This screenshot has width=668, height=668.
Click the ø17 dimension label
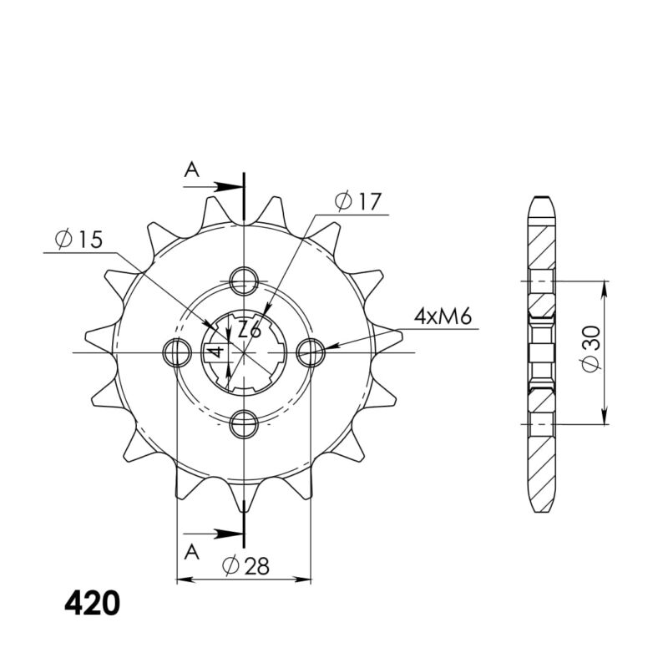pyautogui.click(x=357, y=201)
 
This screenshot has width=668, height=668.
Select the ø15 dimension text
pyautogui.click(x=78, y=240)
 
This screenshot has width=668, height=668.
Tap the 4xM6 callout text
pyautogui.click(x=443, y=316)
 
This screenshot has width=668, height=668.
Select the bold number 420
pyautogui.click(x=92, y=603)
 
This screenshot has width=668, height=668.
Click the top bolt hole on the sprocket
pyautogui.click(x=244, y=281)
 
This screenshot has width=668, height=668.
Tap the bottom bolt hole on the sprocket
pyautogui.click(x=244, y=424)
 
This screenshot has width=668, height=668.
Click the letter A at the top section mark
pyautogui.click(x=192, y=170)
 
